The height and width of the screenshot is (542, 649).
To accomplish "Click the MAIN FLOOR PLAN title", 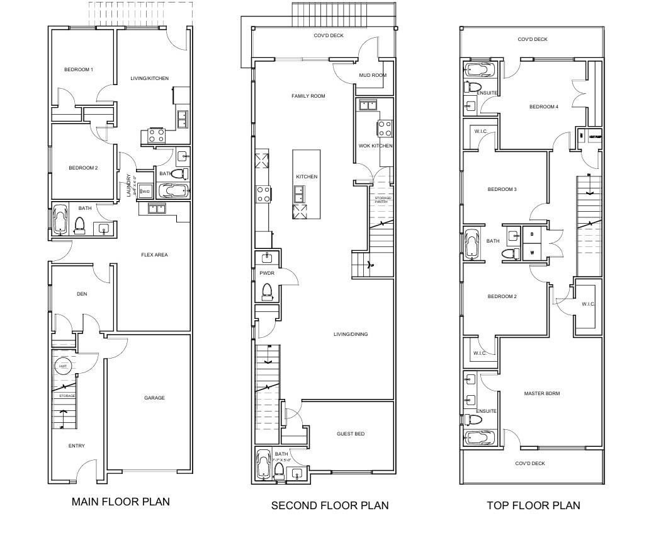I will pyautogui.click(x=120, y=502).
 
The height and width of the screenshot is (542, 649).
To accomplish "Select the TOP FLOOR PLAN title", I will pyautogui.click(x=533, y=505).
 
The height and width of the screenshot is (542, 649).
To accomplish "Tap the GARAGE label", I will pyautogui.click(x=154, y=398).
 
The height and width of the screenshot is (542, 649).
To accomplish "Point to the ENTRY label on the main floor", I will pyautogui.click(x=76, y=446).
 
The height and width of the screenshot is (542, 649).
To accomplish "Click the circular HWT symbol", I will pyautogui.click(x=64, y=366).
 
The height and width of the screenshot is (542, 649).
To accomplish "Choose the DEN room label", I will pyautogui.click(x=82, y=294).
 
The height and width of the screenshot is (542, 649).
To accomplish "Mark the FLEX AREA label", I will pyautogui.click(x=154, y=255).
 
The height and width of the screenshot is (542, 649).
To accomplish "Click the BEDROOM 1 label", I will pyautogui.click(x=79, y=69).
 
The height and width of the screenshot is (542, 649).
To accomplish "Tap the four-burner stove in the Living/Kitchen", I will pyautogui.click(x=157, y=135).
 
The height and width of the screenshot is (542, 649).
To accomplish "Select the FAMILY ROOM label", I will pyautogui.click(x=308, y=96).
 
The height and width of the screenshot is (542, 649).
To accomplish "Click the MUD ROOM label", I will pyautogui.click(x=373, y=75).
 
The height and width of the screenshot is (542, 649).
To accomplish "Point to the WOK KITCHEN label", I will pyautogui.click(x=375, y=146).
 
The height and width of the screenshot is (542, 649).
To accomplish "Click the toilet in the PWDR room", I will pyautogui.click(x=267, y=291).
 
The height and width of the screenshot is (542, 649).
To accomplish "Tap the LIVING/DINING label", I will pyautogui.click(x=351, y=334).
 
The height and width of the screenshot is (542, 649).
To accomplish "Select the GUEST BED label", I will pyautogui.click(x=351, y=434).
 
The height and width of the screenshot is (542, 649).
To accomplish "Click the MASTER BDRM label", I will pyautogui.click(x=542, y=393).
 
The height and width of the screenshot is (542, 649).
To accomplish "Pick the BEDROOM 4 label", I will pyautogui.click(x=543, y=107).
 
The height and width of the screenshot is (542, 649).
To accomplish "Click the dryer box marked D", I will pyautogui.click(x=533, y=234).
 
